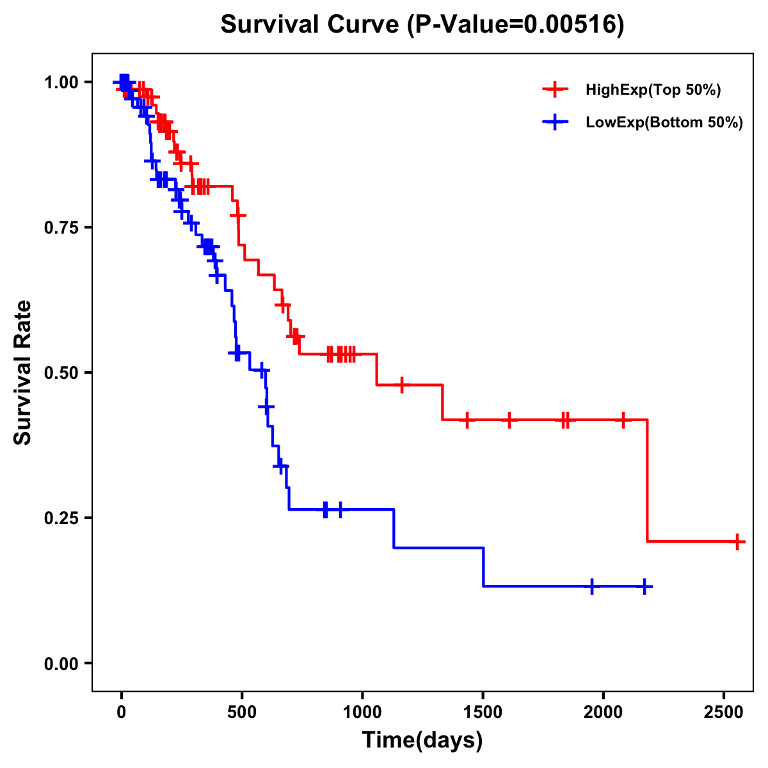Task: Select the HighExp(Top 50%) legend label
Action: click(653, 90)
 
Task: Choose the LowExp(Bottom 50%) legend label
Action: click(664, 123)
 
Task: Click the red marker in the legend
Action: click(555, 90)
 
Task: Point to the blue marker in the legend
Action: click(555, 122)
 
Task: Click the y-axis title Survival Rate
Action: click(23, 372)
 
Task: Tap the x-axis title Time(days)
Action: click(422, 740)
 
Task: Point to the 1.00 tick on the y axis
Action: click(61, 83)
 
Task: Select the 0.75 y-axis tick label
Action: click(61, 228)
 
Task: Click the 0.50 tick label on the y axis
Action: click(61, 372)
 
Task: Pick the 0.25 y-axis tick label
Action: click(61, 518)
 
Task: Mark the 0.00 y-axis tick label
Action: click(61, 664)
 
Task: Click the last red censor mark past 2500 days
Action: click(737, 542)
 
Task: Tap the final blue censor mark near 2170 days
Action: click(644, 586)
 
